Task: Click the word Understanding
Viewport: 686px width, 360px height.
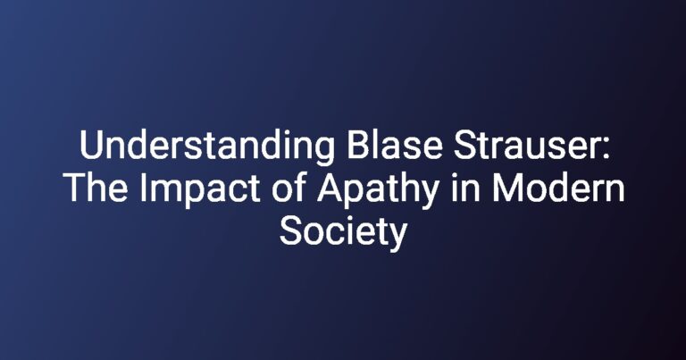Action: (207, 147)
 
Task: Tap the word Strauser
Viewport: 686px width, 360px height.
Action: (524, 145)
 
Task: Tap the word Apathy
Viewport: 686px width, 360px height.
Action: (378, 190)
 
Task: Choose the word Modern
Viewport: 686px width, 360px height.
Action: (557, 188)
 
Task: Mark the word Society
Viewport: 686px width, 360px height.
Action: (343, 233)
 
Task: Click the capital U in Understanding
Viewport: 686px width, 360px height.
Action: (91, 145)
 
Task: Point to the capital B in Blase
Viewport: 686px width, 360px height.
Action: (358, 145)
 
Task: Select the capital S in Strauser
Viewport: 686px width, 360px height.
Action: (465, 145)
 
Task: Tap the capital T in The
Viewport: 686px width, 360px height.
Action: (75, 188)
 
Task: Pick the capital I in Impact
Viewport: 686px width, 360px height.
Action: (144, 188)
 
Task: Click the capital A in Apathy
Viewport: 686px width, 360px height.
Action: (330, 188)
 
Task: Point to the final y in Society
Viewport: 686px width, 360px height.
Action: (397, 238)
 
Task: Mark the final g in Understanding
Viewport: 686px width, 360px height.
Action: (325, 152)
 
